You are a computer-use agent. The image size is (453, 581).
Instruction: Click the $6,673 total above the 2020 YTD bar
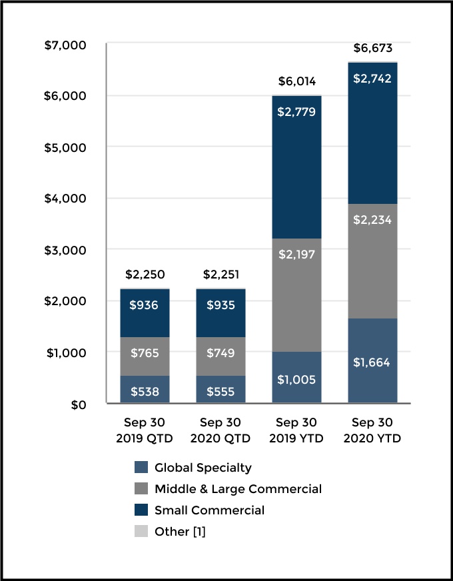pyautogui.click(x=373, y=48)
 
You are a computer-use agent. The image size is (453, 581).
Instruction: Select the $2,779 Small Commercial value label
pyautogui.click(x=296, y=112)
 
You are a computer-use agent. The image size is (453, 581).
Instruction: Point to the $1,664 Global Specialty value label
pyautogui.click(x=373, y=363)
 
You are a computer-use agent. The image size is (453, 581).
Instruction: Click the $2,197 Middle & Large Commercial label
pyautogui.click(x=296, y=253)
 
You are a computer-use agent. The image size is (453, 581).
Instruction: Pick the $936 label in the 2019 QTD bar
pyautogui.click(x=145, y=305)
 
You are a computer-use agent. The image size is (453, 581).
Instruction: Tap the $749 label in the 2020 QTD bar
pyautogui.click(x=221, y=352)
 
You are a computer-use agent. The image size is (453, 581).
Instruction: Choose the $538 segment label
pyautogui.click(x=145, y=392)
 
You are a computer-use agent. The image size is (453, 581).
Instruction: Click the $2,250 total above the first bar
pyautogui.click(x=145, y=275)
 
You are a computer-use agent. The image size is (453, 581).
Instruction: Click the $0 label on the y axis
pyautogui.click(x=79, y=404)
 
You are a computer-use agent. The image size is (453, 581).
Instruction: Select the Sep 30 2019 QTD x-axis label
pyautogui.click(x=145, y=430)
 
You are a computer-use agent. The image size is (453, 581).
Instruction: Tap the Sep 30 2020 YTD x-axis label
pyautogui.click(x=373, y=430)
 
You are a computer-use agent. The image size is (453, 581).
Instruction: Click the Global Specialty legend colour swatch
pyautogui.click(x=141, y=468)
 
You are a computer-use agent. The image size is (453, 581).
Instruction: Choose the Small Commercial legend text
pyautogui.click(x=209, y=510)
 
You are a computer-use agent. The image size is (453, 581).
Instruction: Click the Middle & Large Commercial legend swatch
pyautogui.click(x=141, y=489)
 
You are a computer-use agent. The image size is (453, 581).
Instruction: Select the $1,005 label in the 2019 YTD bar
pyautogui.click(x=296, y=380)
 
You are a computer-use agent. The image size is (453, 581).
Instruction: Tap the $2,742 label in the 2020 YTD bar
pyautogui.click(x=373, y=79)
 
